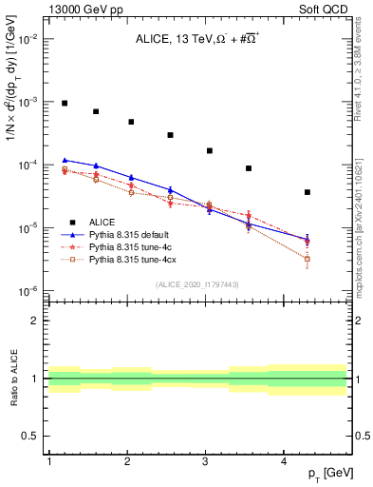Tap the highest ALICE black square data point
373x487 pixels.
[65, 103]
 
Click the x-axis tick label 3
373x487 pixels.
[206, 460]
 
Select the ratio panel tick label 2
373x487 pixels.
[35, 321]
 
